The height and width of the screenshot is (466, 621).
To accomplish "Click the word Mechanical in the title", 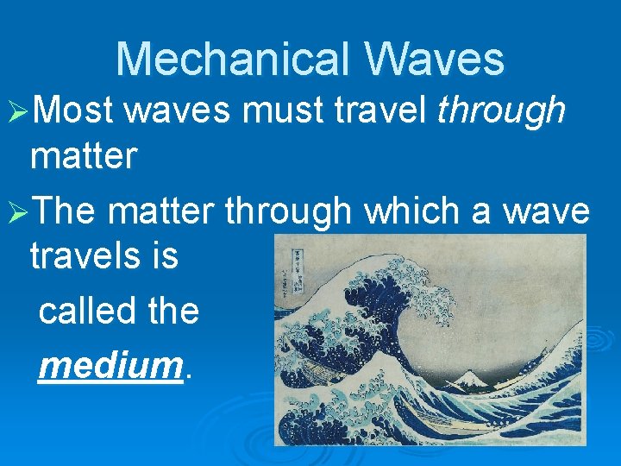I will tap(232, 60).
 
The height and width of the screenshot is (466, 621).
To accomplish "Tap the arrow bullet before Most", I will tap(19, 111).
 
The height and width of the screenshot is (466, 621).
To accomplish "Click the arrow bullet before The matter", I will tap(19, 211).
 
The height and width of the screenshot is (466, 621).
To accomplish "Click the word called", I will tap(85, 310).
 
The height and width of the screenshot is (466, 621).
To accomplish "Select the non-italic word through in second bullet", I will tap(287, 211).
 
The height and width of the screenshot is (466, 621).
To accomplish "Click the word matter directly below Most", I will tap(83, 156).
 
